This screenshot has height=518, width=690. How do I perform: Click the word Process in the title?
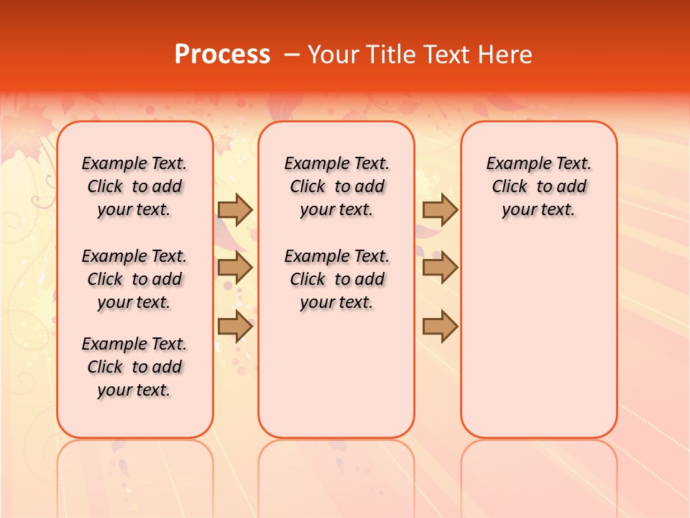point(222,55)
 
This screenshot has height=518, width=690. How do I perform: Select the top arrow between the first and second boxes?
point(234,209)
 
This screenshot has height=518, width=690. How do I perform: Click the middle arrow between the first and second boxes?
point(234,268)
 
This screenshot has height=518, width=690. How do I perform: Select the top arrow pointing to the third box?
point(440,209)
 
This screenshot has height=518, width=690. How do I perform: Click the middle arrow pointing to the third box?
point(440,268)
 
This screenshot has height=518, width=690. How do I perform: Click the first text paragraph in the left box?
point(134,186)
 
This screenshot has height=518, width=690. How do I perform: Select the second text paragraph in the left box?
point(134,279)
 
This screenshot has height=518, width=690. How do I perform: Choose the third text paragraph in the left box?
point(134,367)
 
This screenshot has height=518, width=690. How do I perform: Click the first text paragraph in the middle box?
point(337,186)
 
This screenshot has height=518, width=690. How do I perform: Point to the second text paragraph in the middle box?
point(337,279)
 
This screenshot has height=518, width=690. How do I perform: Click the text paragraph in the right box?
point(539,186)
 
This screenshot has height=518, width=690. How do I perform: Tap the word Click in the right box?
point(510,187)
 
